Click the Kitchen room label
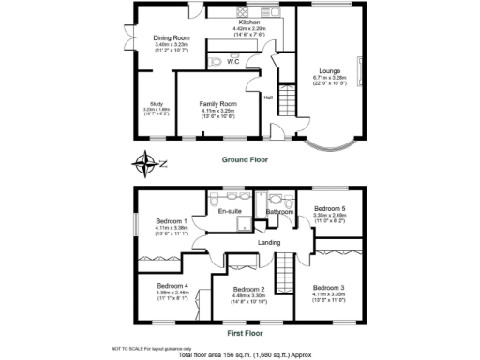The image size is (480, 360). pyautogui.click(x=248, y=22)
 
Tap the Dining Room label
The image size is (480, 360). pyautogui.click(x=172, y=38)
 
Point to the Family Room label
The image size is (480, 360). pyautogui.click(x=217, y=103)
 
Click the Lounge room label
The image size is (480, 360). pyautogui.click(x=328, y=72)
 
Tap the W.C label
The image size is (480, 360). pyautogui.click(x=232, y=61)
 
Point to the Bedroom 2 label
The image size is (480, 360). pyautogui.click(x=248, y=289)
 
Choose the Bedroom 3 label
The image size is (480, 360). pyautogui.click(x=328, y=287)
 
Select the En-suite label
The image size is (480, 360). pyautogui.click(x=230, y=213)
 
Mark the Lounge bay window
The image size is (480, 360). pyautogui.click(x=331, y=145)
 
